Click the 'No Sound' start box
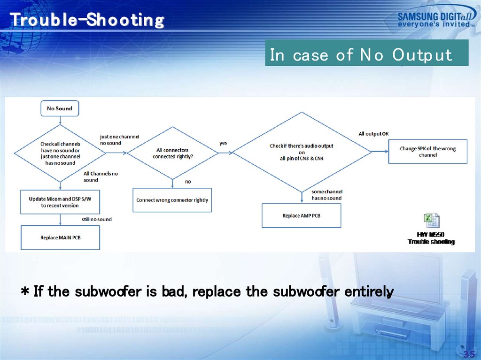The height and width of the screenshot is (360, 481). (60, 108)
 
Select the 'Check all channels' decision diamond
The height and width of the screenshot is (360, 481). (61, 153)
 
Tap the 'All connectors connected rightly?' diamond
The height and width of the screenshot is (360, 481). (172, 153)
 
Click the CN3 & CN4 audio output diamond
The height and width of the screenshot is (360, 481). (302, 152)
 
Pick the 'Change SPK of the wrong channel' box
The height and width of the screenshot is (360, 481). (427, 151)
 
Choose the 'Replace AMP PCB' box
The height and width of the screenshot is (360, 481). (301, 215)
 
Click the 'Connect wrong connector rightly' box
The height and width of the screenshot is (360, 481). (172, 200)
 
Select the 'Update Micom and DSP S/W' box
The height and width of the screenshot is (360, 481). (60, 202)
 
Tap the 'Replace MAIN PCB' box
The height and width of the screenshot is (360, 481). (60, 237)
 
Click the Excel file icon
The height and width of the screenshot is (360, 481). (431, 221)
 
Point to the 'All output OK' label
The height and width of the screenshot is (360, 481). (373, 134)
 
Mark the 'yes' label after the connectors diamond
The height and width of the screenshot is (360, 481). (224, 142)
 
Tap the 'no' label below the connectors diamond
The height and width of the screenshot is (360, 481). (188, 182)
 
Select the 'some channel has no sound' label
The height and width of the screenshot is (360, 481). (327, 195)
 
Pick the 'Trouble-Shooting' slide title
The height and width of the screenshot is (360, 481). (87, 20)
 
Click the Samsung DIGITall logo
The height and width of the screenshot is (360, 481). (435, 19)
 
